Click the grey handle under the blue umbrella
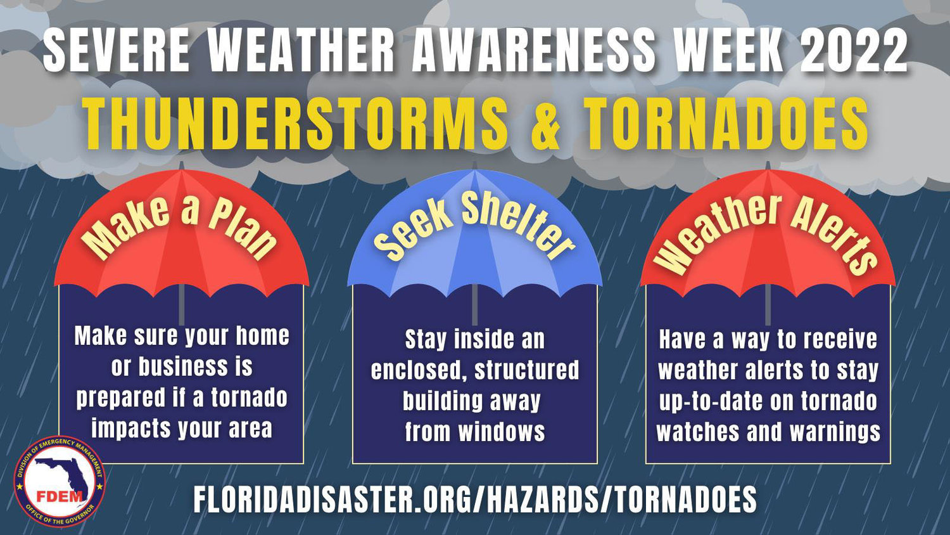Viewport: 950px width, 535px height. point(474,304)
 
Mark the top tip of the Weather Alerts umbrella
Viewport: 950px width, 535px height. point(768,162)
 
